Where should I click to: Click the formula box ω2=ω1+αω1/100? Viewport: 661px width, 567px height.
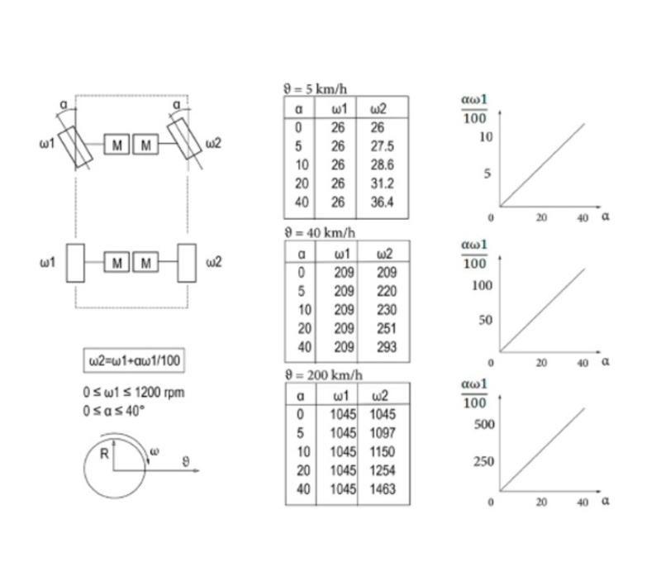click(134, 360)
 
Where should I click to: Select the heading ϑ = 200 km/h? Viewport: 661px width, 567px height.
click(324, 374)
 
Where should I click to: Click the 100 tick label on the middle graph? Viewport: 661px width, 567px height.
click(482, 285)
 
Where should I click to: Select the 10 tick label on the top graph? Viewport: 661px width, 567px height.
click(486, 136)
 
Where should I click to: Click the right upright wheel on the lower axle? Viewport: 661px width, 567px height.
click(187, 263)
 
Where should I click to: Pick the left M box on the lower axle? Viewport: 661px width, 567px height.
click(117, 263)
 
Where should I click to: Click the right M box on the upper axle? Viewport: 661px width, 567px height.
click(146, 145)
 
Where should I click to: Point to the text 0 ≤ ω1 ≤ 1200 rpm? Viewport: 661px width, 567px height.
click(134, 393)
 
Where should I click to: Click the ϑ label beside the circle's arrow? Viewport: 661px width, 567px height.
click(188, 461)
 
